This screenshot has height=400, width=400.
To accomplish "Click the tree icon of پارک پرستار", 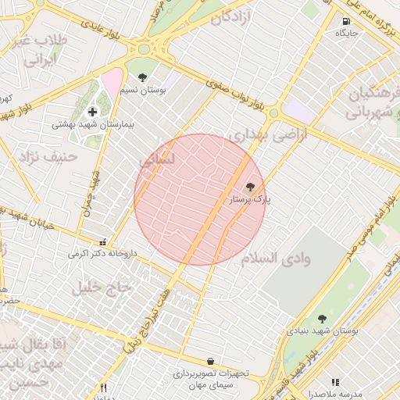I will pyautogui.click(x=250, y=187).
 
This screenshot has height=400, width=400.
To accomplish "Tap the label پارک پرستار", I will pyautogui.click(x=249, y=200).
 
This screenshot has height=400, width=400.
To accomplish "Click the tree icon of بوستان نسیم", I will pyautogui.click(x=142, y=77).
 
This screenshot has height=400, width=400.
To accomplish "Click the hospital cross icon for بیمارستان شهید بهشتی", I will pyautogui.click(x=93, y=112).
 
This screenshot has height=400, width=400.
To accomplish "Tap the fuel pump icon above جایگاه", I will pyautogui.click(x=346, y=21).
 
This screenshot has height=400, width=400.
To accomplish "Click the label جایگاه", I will pyautogui.click(x=346, y=34).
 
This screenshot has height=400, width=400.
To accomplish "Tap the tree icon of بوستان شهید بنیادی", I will pyautogui.click(x=322, y=319).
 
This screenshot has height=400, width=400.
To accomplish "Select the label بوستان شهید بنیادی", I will pyautogui.click(x=322, y=331).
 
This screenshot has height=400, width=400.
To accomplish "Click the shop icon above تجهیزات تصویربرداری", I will pyautogui.click(x=210, y=361).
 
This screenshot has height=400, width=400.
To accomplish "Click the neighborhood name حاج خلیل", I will pyautogui.click(x=101, y=287).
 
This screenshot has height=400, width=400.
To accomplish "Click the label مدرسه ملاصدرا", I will pyautogui.click(x=335, y=394).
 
